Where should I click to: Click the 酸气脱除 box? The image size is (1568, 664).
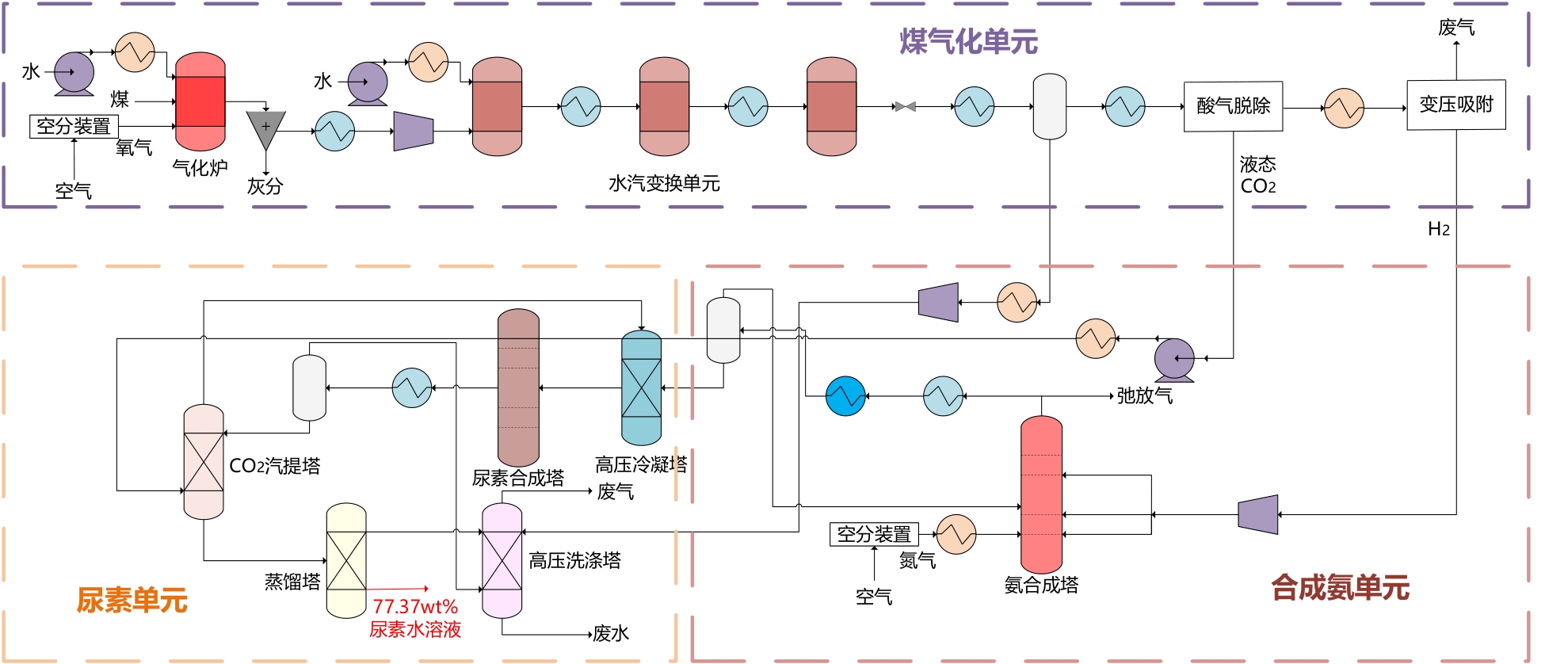1233,106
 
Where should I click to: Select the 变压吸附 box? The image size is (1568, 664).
1455,105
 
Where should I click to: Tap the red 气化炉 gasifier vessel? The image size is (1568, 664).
200,101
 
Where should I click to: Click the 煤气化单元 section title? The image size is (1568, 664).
968,42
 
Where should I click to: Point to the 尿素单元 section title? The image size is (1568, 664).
132,601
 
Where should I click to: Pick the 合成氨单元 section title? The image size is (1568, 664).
1340,588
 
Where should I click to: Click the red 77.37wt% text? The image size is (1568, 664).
415,607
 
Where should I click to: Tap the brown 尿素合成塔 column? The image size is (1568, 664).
518,387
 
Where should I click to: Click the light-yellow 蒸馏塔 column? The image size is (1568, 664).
346,561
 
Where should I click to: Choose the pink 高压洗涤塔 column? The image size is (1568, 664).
502,561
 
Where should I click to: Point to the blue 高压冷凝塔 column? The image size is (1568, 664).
641,387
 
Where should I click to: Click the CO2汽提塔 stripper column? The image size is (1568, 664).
204,462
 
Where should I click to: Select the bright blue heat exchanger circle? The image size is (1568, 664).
845,395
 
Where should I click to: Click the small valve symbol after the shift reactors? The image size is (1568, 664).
905,106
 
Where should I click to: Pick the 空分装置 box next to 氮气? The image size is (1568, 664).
874,534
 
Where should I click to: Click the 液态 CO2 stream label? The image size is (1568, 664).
1257,175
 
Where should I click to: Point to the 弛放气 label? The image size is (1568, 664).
1144,395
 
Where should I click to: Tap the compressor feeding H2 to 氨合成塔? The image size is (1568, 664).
1258,514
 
